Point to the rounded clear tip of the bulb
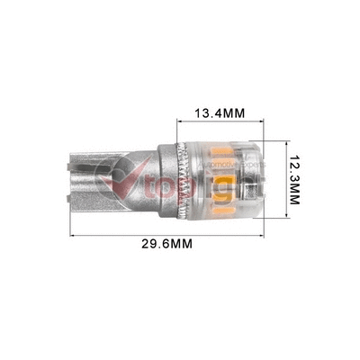(256, 176)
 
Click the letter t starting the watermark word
(144, 184)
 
